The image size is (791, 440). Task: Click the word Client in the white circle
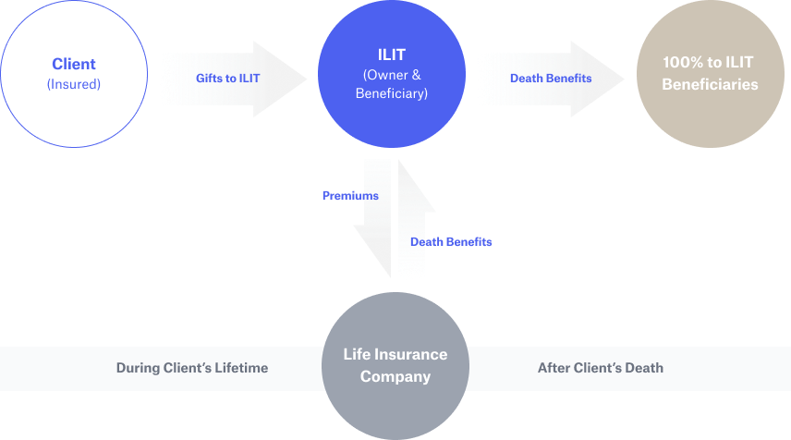74,65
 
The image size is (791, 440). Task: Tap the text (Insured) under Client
74,84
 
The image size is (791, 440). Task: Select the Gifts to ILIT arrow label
227,79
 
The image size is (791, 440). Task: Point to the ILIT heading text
392,55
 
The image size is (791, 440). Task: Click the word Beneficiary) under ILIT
392,93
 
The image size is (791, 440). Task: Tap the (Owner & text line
392,74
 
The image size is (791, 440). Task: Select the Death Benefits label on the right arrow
551,79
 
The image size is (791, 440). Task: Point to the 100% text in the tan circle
683,63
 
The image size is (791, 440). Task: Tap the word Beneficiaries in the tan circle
709,84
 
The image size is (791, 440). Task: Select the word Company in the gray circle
395,376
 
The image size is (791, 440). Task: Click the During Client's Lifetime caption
191,368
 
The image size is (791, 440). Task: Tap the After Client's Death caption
600,368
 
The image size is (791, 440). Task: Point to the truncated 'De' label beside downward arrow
418,242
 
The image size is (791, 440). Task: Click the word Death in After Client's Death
643,368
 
